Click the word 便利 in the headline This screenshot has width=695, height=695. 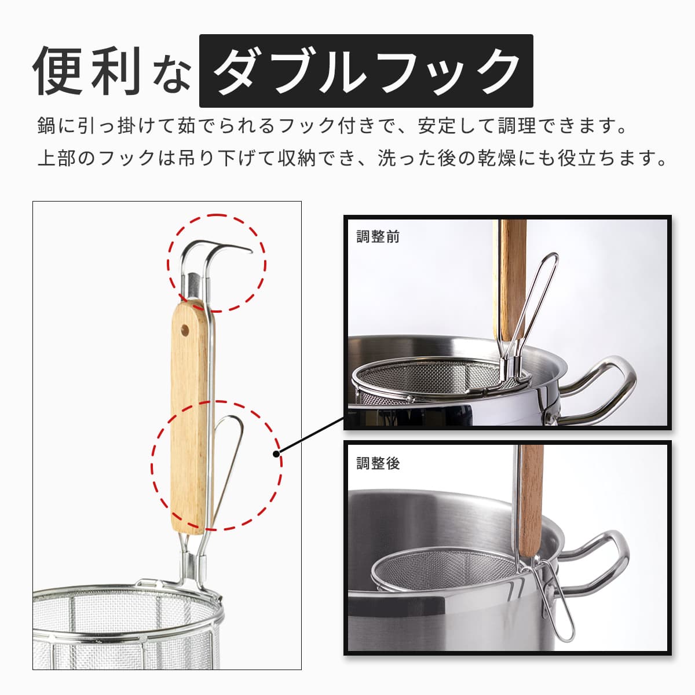86,71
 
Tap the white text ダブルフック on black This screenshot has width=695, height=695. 367,71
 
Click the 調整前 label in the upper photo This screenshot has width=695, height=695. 378,237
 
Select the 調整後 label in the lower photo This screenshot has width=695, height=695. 378,463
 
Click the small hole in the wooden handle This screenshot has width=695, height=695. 185,329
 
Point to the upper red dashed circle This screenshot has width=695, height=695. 217,215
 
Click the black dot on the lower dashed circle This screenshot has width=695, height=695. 277,453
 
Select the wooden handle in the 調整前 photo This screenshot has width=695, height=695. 512,280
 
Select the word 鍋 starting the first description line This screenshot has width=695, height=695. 46,126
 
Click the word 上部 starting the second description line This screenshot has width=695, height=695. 57,158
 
